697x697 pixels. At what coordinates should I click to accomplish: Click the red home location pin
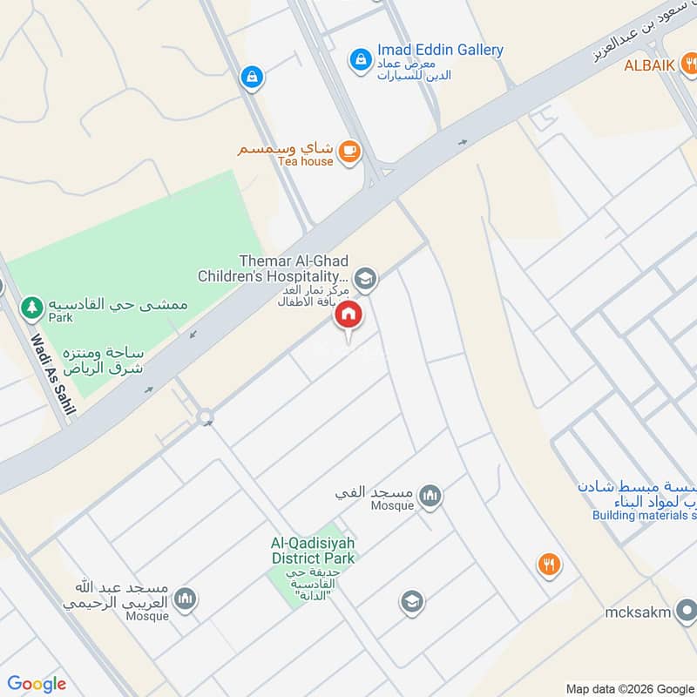tap(348, 316)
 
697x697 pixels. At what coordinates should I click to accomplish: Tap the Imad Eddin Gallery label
tap(440, 50)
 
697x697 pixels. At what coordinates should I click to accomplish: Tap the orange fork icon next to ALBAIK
tap(689, 62)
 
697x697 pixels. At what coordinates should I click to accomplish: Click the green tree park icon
tap(32, 307)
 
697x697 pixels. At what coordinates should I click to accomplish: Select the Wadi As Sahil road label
tap(53, 376)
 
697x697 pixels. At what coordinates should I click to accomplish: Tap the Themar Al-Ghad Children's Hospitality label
tap(274, 268)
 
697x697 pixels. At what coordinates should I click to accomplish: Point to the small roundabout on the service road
tap(206, 418)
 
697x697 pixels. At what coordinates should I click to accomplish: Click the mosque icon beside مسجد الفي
tap(430, 497)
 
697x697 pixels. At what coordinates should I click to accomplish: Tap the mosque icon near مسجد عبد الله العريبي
tap(184, 599)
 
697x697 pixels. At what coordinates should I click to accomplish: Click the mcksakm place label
tap(638, 612)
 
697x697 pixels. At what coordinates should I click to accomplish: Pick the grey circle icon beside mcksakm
tap(687, 612)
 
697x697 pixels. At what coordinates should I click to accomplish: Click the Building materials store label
tap(645, 515)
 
